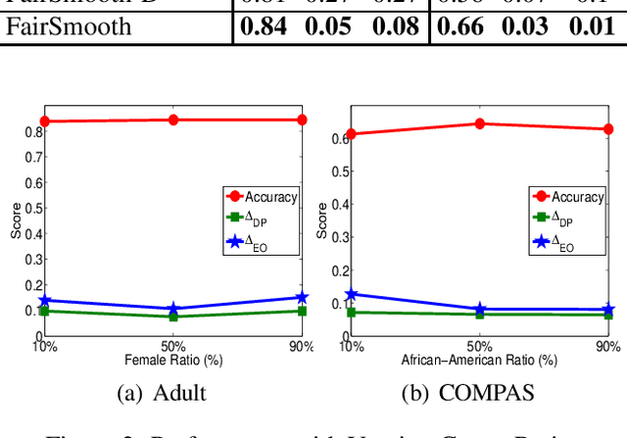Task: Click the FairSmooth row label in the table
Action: [x=69, y=26]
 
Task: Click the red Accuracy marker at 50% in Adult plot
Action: [x=173, y=120]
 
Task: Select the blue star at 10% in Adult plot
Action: [x=44, y=301]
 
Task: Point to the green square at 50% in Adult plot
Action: [x=173, y=316]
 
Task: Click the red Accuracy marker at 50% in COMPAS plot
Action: [x=480, y=123]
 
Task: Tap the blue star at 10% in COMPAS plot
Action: [x=352, y=293]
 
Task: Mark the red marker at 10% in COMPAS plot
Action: [x=352, y=134]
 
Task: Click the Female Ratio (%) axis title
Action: [x=172, y=360]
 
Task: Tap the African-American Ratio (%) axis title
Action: [x=479, y=360]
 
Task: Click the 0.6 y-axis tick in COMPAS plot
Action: [x=338, y=138]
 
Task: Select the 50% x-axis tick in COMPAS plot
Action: [x=480, y=346]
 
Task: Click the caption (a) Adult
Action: [x=162, y=392]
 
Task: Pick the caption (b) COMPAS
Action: [x=472, y=392]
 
